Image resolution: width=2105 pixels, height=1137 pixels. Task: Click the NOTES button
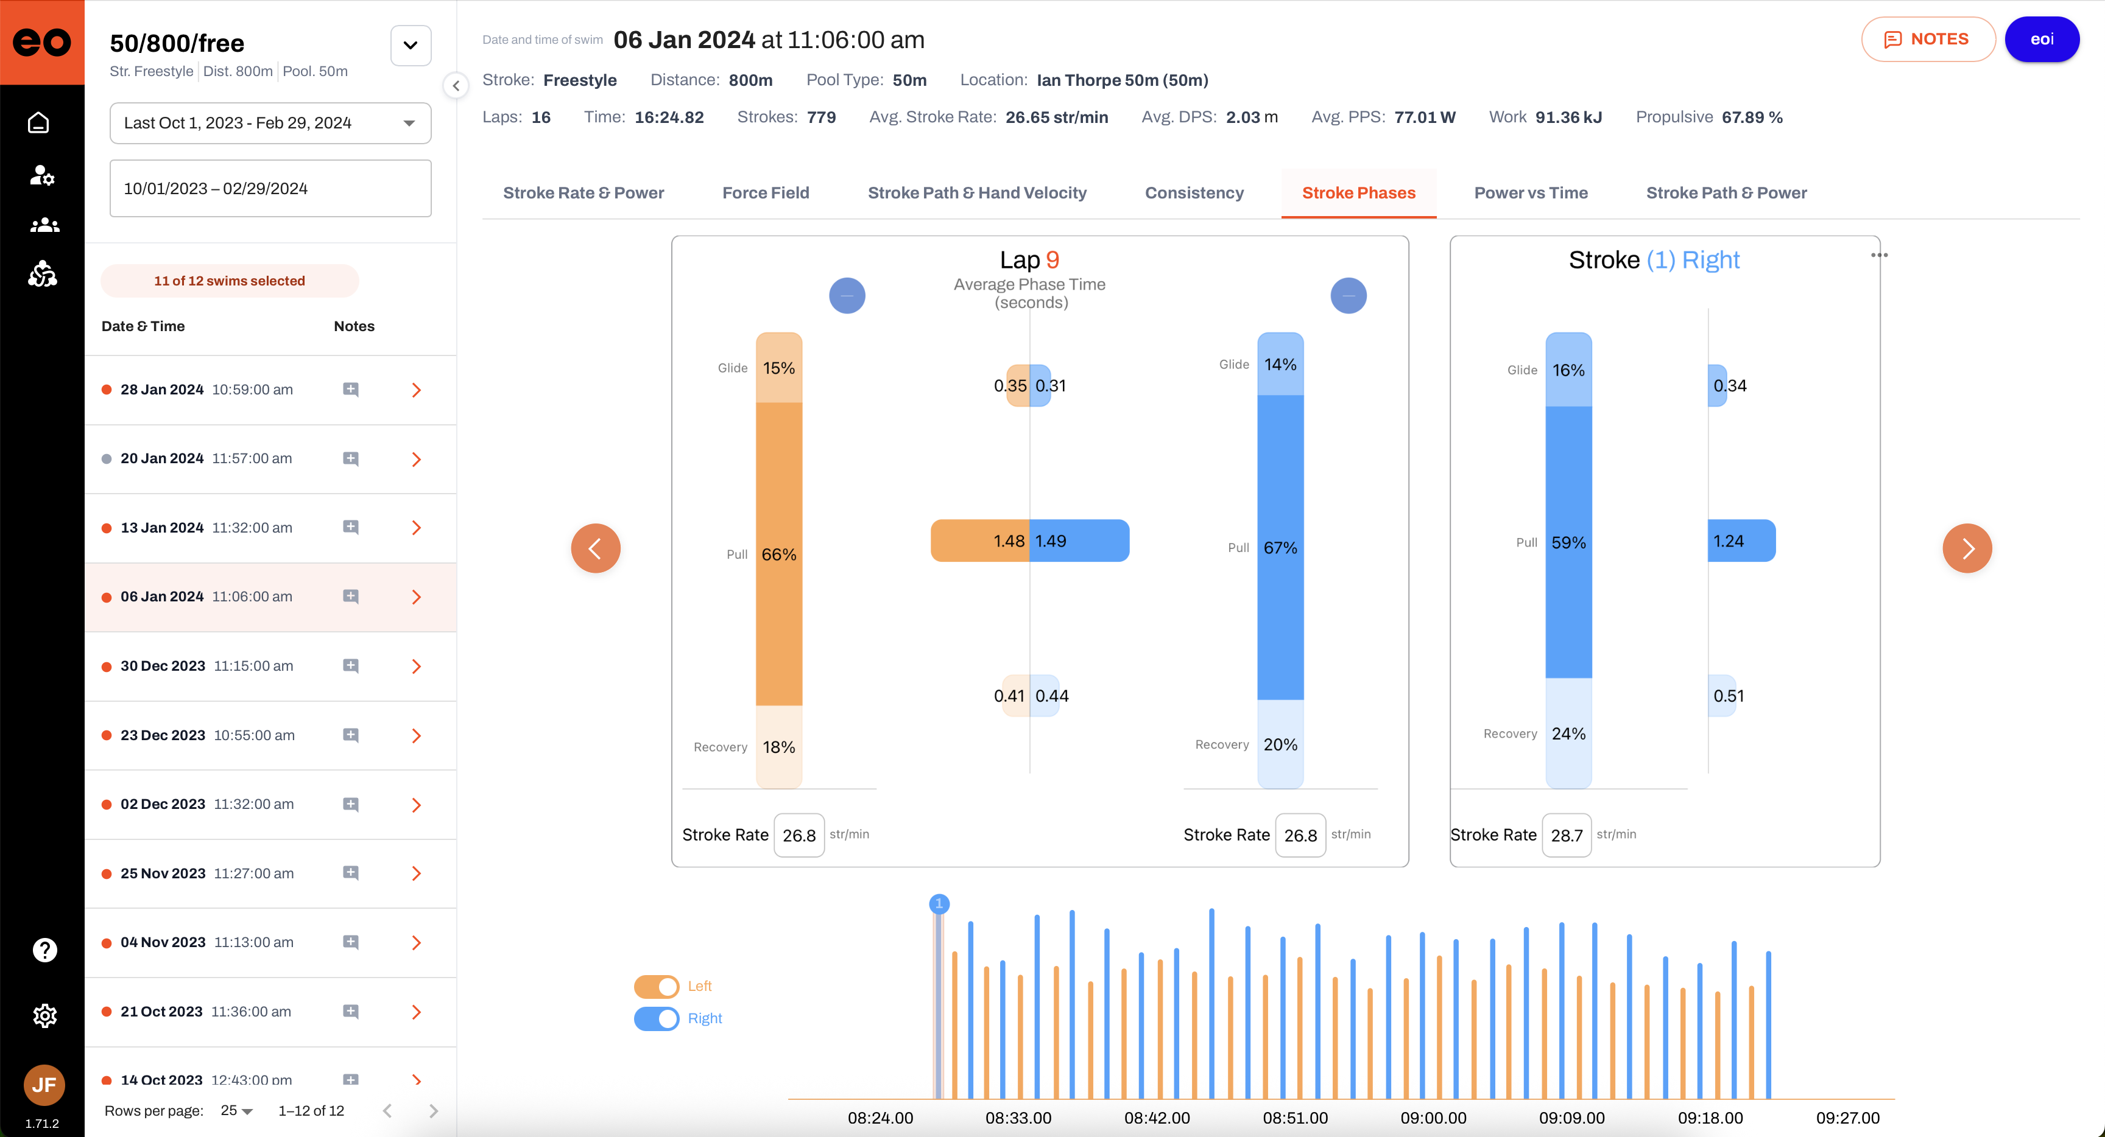click(1928, 39)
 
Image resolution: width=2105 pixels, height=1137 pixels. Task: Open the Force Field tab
click(766, 193)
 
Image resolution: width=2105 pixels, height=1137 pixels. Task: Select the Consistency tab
click(1194, 193)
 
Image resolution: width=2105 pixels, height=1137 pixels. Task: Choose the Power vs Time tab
click(1531, 193)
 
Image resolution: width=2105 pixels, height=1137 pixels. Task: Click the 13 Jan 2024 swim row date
click(162, 528)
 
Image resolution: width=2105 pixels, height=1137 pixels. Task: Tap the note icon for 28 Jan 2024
click(351, 390)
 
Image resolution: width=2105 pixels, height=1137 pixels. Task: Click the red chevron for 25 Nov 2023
click(417, 873)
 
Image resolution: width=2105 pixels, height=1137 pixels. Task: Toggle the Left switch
click(656, 987)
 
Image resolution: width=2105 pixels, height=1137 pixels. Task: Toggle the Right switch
click(656, 1018)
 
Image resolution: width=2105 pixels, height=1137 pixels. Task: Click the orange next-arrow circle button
click(1967, 548)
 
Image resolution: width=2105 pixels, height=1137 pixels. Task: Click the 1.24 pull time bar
click(1741, 541)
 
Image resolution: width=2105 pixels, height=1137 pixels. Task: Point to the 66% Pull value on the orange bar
click(779, 555)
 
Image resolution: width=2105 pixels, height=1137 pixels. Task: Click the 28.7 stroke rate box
click(1567, 834)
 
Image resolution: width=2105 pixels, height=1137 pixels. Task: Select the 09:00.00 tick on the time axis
click(1433, 1118)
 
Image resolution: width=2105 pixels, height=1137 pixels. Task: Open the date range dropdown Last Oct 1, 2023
click(270, 124)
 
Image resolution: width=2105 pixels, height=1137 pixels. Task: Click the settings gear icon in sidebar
click(44, 1015)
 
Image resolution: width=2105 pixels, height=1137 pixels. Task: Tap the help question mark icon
click(44, 950)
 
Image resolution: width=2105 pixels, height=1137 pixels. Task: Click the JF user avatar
click(44, 1085)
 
